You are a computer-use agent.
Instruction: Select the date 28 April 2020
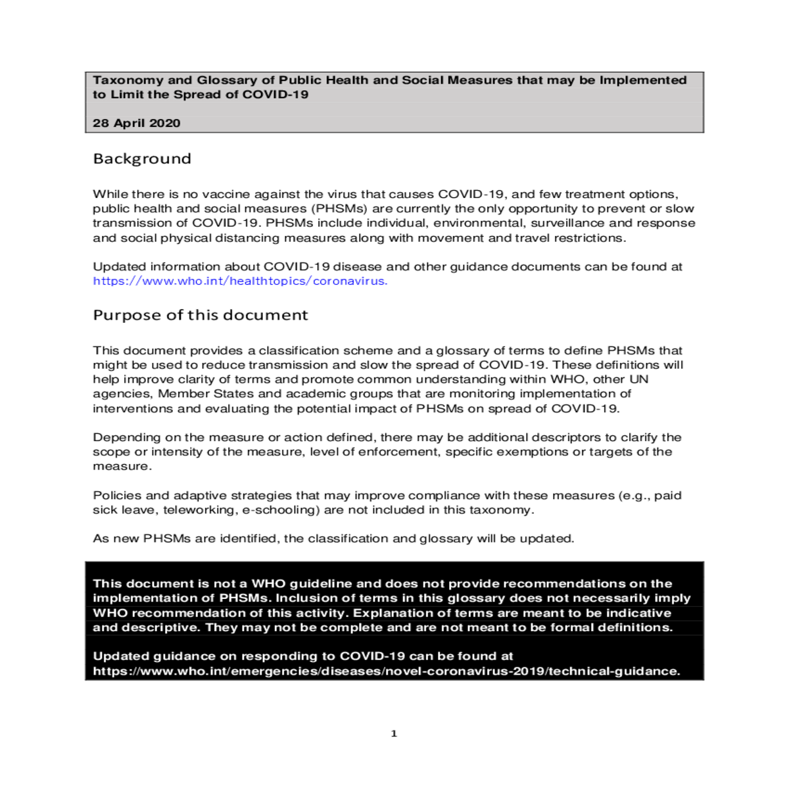click(x=136, y=123)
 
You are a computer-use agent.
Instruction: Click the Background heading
click(x=142, y=158)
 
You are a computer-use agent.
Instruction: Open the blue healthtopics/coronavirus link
click(x=240, y=281)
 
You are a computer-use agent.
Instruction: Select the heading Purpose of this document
click(x=200, y=315)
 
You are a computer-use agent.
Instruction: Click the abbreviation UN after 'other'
click(x=638, y=379)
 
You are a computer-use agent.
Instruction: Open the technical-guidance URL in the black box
click(x=386, y=671)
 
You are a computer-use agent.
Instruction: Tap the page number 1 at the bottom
click(x=394, y=734)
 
